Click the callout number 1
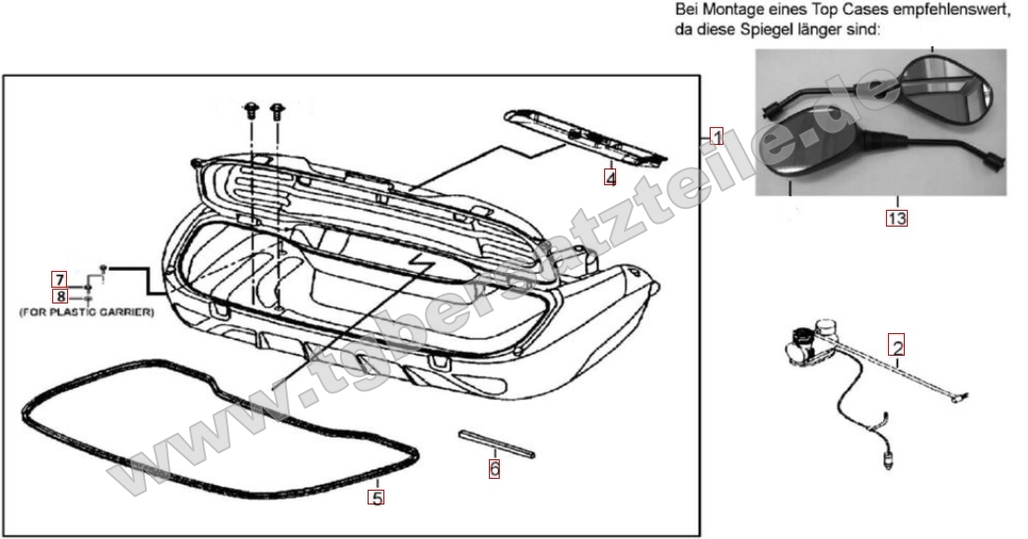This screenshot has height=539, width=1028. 717,138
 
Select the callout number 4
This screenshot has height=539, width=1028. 611,177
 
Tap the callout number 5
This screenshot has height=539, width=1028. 376,497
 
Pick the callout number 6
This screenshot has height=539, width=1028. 494,469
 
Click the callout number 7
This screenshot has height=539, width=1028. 59,279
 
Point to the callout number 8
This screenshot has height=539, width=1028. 59,295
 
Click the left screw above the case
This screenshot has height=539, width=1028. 250,110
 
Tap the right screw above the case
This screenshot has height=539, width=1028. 276,110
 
